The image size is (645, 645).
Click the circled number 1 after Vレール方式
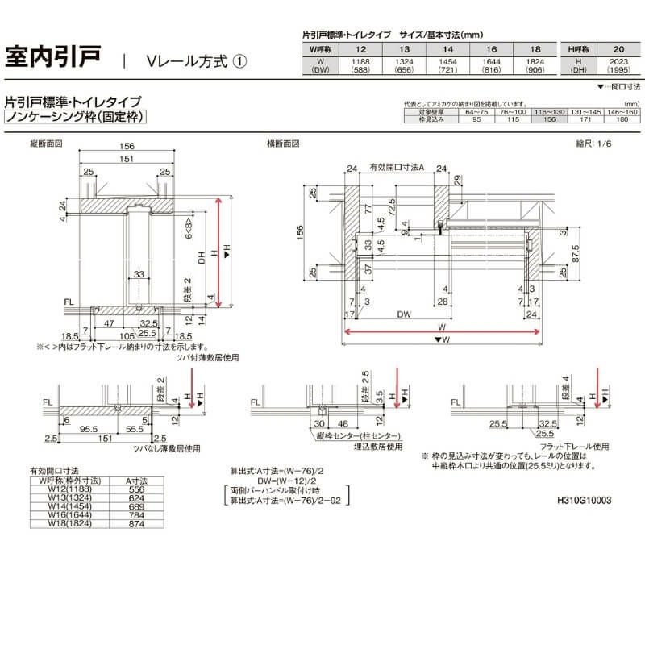click(x=239, y=61)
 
